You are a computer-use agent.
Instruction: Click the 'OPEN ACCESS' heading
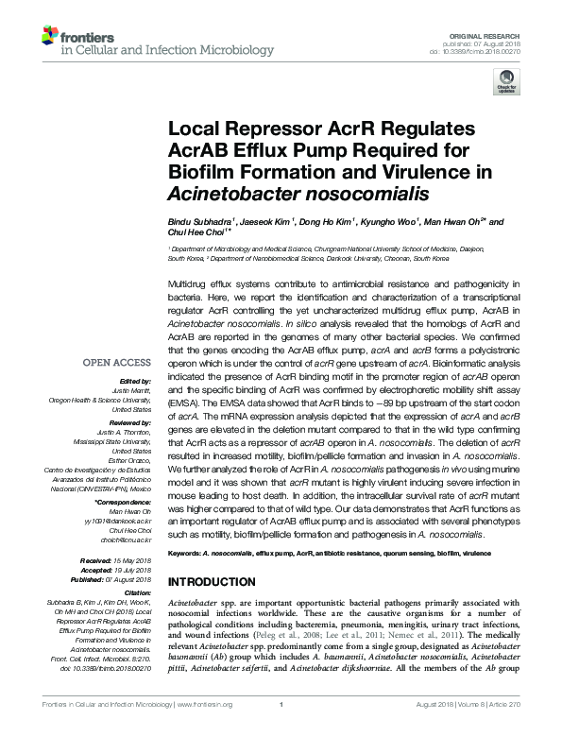tap(117, 363)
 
